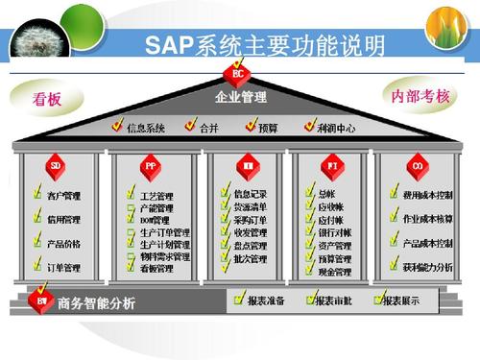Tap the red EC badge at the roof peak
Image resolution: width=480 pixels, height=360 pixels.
click(x=239, y=73)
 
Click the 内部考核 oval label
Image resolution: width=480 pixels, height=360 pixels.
click(x=420, y=96)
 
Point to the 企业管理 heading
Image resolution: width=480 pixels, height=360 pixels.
click(x=240, y=97)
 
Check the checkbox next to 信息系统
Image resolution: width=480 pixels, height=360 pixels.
click(x=118, y=126)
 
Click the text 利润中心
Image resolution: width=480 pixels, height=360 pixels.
click(x=337, y=127)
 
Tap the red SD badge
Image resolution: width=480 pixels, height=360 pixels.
click(x=56, y=166)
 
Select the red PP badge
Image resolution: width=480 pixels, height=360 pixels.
click(x=151, y=166)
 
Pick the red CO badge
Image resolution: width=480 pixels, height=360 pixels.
click(x=417, y=166)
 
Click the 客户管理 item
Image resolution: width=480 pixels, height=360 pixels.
click(x=63, y=196)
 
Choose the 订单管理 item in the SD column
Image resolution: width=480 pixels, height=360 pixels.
click(x=63, y=266)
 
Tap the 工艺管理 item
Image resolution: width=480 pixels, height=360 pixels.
click(x=156, y=196)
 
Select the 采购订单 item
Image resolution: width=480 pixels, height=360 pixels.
click(x=250, y=219)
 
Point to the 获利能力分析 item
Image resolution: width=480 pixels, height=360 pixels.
click(x=428, y=266)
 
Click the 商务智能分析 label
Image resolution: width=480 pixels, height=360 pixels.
click(x=96, y=303)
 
